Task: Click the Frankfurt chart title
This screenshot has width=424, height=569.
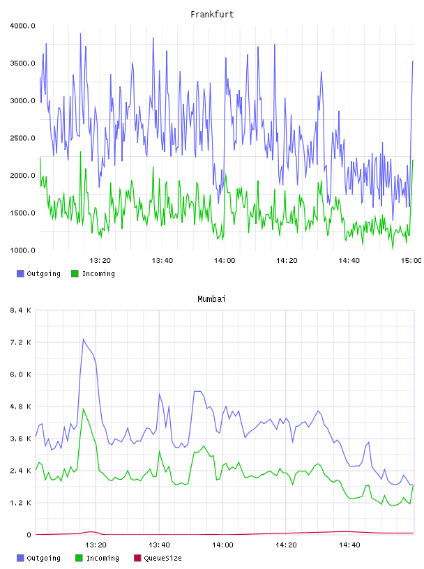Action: pyautogui.click(x=212, y=15)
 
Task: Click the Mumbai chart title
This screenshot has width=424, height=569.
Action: pyautogui.click(x=211, y=299)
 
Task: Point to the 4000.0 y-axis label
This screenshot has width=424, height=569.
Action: pyautogui.click(x=22, y=26)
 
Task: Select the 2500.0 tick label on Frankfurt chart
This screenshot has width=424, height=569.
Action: pyautogui.click(x=22, y=138)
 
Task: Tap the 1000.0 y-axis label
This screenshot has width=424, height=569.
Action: pyautogui.click(x=22, y=250)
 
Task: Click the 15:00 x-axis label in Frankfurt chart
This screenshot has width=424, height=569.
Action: pyautogui.click(x=411, y=261)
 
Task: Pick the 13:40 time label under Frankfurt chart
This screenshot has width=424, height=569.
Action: pyautogui.click(x=162, y=261)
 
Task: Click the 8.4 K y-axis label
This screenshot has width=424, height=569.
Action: pyautogui.click(x=20, y=310)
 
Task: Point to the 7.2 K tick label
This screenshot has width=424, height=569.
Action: pyautogui.click(x=20, y=342)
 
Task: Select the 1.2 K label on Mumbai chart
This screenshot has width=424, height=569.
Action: pyautogui.click(x=20, y=503)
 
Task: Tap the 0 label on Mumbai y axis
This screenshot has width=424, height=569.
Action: pyautogui.click(x=29, y=535)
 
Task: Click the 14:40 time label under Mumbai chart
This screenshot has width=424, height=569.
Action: pyautogui.click(x=349, y=545)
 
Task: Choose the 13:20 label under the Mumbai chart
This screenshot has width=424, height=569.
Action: pyautogui.click(x=96, y=545)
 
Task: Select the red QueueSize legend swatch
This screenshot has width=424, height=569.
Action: pyautogui.click(x=137, y=558)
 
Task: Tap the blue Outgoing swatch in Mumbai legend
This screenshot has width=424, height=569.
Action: pyautogui.click(x=20, y=558)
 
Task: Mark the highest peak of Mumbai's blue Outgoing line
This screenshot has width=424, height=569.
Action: pyautogui.click(x=84, y=340)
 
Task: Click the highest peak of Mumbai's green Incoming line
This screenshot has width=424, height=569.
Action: pyautogui.click(x=84, y=409)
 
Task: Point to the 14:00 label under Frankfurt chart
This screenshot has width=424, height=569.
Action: pyautogui.click(x=225, y=261)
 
